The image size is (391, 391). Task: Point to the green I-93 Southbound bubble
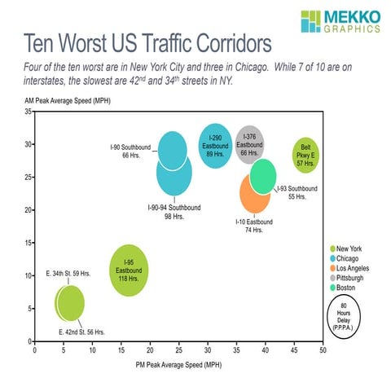coord(263,176)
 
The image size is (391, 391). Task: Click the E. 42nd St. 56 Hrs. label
coord(81,332)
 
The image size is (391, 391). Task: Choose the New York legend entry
coord(348,248)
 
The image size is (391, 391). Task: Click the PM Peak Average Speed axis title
coord(178,365)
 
